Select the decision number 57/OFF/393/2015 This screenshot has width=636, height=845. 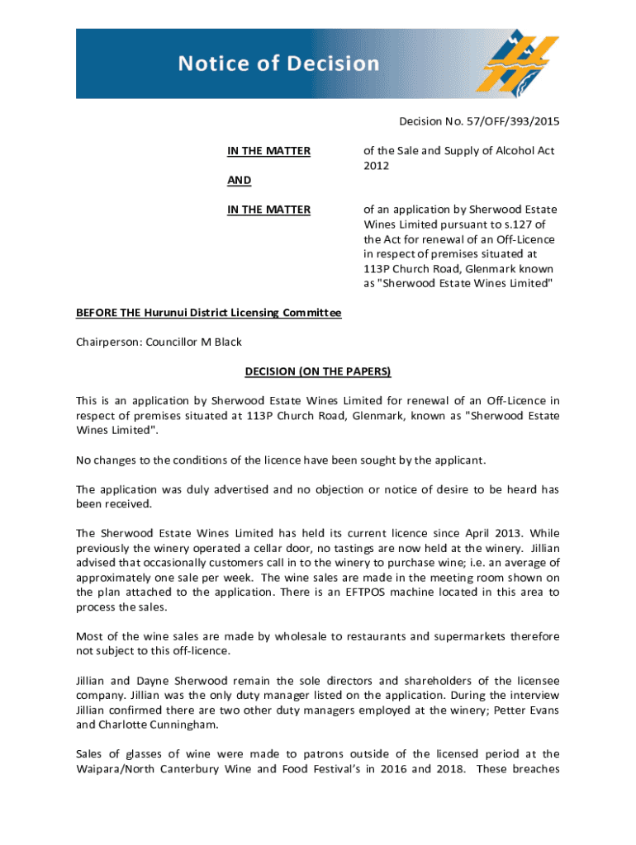pos(510,122)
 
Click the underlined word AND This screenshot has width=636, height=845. pos(240,180)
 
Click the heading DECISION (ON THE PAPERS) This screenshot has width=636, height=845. pos(318,371)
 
